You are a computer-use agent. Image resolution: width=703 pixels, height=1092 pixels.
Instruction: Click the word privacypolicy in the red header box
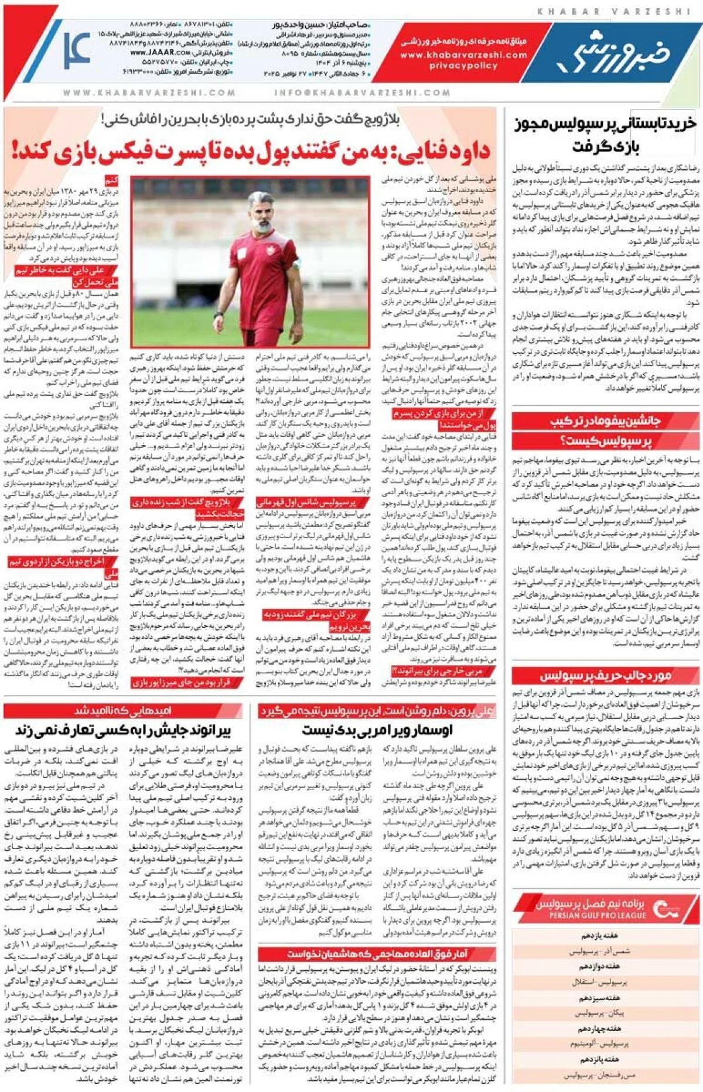coord(463,66)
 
